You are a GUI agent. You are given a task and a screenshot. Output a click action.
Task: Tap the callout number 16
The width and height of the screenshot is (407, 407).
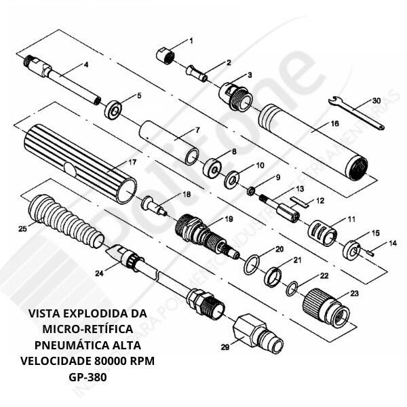coord(334,124)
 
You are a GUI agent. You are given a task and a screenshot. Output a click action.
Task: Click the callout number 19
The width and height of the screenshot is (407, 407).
coord(229,219)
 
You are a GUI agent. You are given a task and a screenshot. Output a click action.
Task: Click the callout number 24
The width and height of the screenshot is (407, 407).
coord(99,273)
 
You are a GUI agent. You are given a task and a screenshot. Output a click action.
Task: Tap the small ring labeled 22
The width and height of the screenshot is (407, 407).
coord(292,287)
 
